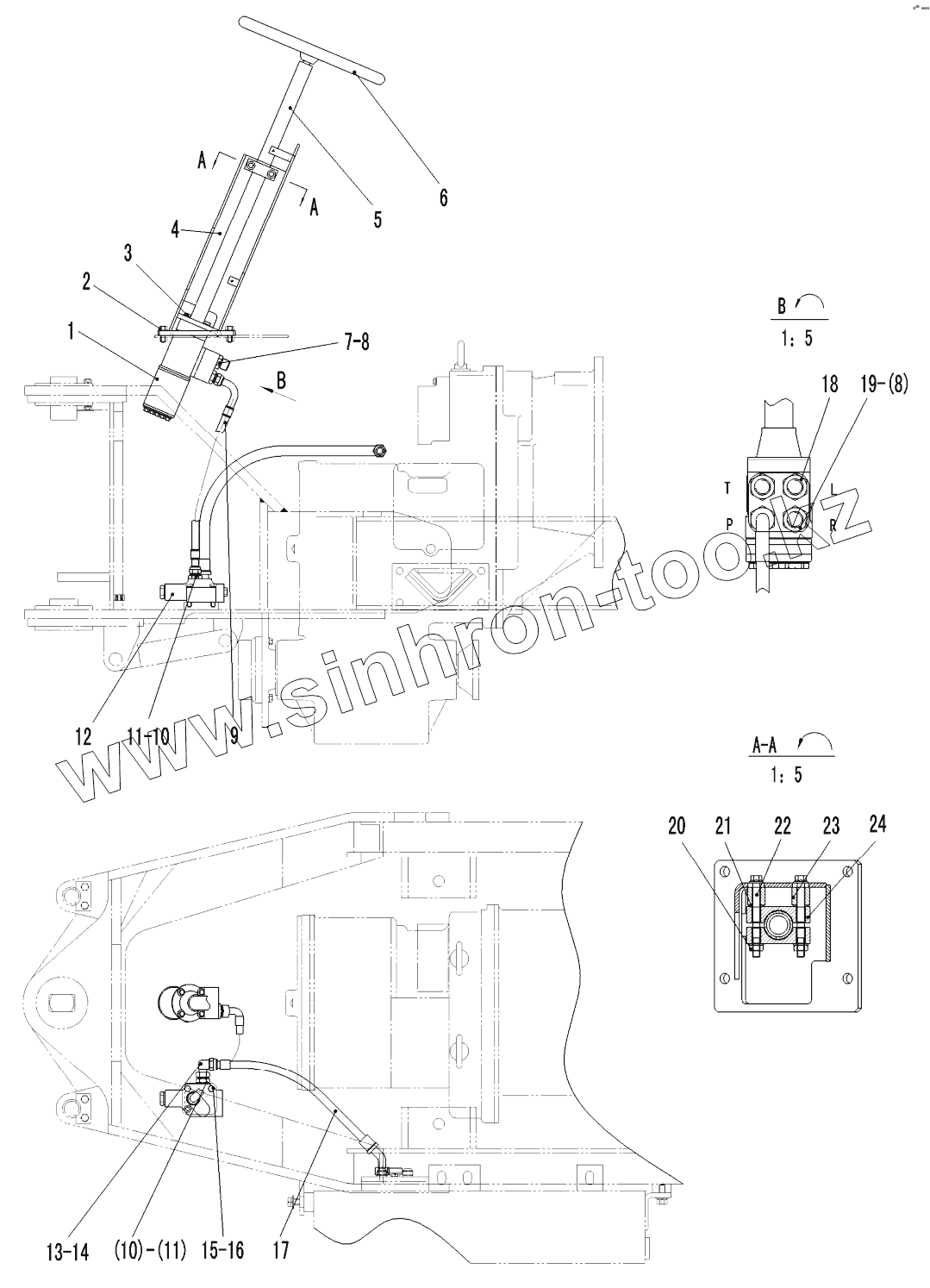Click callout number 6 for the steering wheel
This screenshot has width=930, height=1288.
click(x=443, y=197)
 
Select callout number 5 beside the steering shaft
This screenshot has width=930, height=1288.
click(x=378, y=219)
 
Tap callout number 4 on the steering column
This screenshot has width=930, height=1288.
click(x=175, y=230)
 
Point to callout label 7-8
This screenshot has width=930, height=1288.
click(x=355, y=341)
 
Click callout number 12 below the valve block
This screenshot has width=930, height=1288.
click(x=83, y=737)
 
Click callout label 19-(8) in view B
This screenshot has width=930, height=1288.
click(x=883, y=385)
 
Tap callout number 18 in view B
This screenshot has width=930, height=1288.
click(x=829, y=384)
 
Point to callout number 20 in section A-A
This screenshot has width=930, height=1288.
click(x=677, y=826)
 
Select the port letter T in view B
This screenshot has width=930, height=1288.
click(x=727, y=489)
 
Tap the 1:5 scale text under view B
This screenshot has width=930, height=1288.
click(x=795, y=338)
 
